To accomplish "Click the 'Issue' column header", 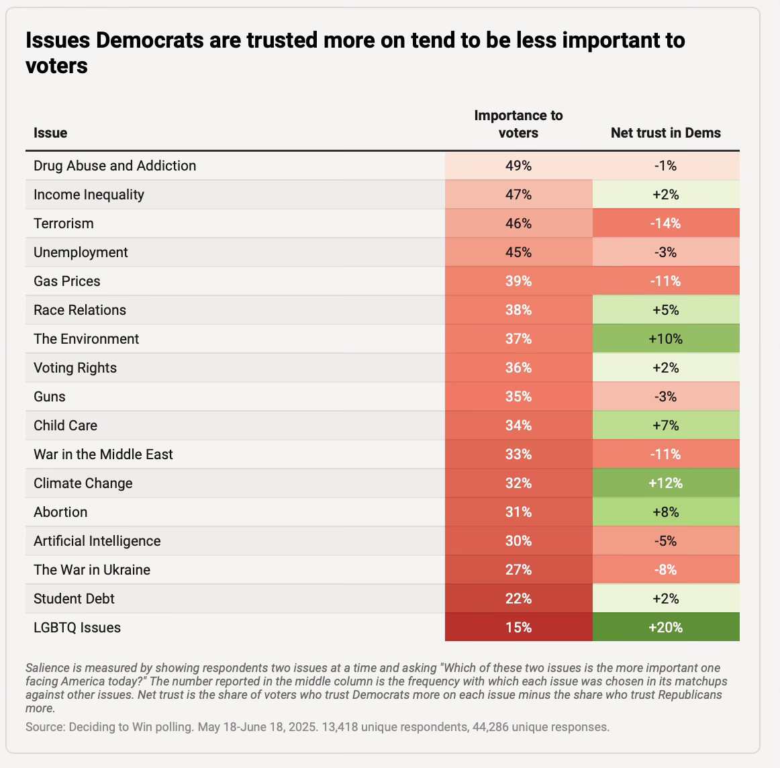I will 50,133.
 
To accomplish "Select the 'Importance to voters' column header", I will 518,124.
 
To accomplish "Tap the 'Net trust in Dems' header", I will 665,133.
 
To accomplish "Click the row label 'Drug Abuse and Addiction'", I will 115,166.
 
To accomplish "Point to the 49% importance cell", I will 518,166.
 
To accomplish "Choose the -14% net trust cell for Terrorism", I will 665,224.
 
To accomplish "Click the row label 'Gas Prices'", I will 67,281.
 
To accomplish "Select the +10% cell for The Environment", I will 665,339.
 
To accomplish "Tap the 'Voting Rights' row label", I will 75,368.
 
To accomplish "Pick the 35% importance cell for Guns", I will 518,397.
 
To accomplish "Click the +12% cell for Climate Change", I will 665,483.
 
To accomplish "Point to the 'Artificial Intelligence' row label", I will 97,541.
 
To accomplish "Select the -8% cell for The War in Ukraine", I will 665,570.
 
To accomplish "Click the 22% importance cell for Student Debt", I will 518,599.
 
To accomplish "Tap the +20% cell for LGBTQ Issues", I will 665,628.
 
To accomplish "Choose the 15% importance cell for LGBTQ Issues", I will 518,628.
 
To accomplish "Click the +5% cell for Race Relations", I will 665,310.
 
